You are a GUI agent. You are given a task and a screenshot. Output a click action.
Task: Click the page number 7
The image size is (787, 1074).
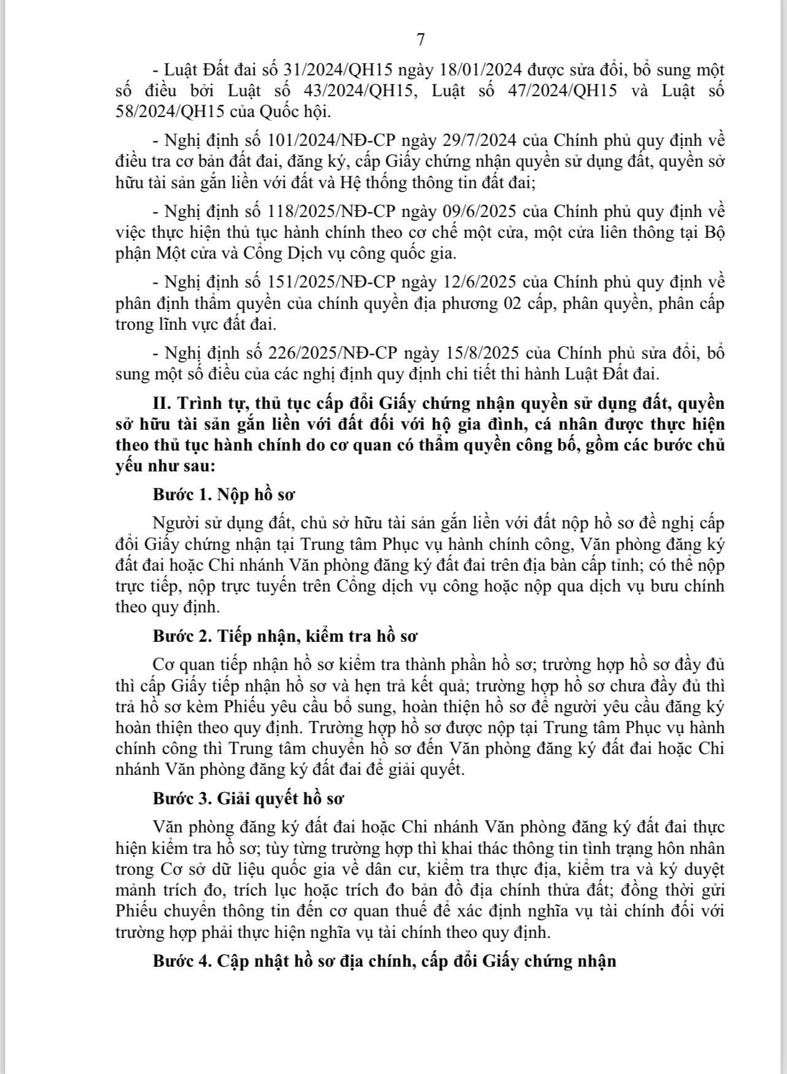click(x=421, y=40)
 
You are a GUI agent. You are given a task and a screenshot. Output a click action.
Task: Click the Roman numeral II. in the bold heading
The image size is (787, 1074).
click(x=162, y=404)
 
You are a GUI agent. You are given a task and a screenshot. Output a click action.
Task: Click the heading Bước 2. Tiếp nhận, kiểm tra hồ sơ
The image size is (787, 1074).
click(x=285, y=636)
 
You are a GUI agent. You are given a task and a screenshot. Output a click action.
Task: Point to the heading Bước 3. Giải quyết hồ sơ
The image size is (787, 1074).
click(x=248, y=799)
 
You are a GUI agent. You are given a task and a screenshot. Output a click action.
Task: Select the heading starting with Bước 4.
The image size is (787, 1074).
click(x=384, y=961)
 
